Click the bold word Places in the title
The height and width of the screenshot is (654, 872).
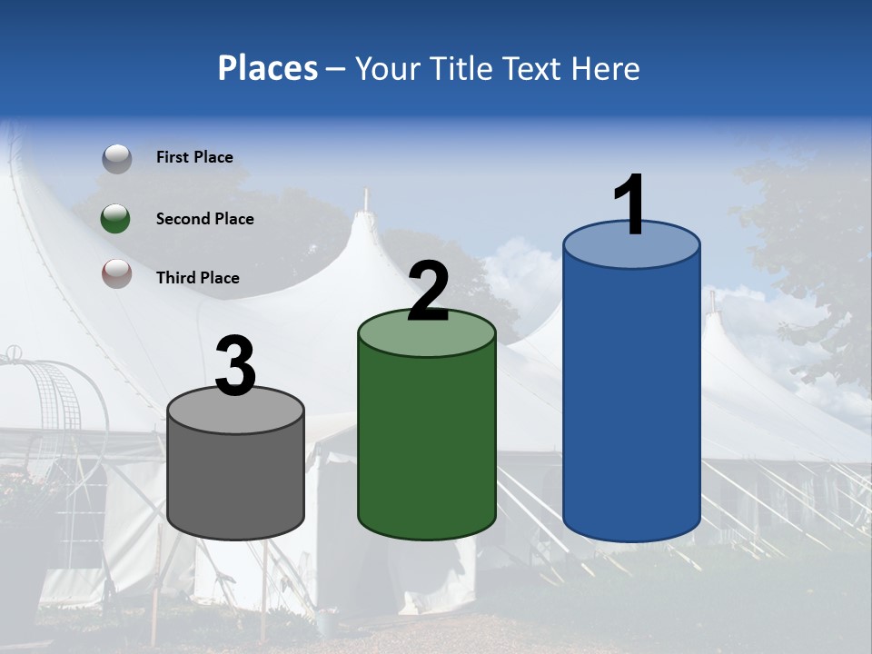point(268,68)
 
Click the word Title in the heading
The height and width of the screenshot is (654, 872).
point(459,68)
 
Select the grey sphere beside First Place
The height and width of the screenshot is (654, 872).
point(116,159)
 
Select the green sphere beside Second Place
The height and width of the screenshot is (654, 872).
point(116,219)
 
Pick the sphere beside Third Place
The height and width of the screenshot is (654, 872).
point(116,274)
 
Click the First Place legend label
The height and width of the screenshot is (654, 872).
point(194,157)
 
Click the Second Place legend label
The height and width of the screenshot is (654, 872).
point(204,219)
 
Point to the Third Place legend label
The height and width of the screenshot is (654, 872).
point(197,278)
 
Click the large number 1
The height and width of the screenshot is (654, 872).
point(630,205)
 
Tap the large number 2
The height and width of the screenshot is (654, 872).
point(428,292)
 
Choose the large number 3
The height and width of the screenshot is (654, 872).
point(235,366)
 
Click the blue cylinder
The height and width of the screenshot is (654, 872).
point(631,400)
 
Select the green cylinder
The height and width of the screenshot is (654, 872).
point(427,436)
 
